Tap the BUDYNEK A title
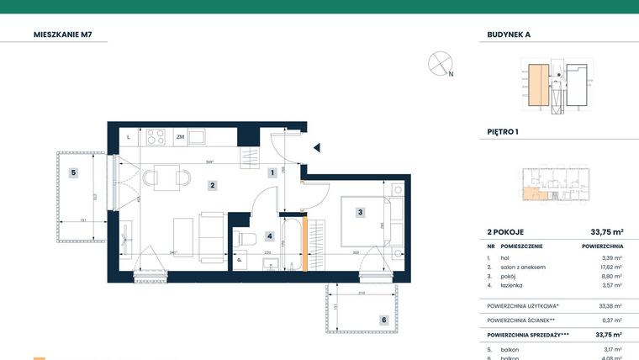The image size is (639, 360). (x=509, y=34)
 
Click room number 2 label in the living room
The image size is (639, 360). (x=214, y=185)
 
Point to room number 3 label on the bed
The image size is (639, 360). (x=360, y=213)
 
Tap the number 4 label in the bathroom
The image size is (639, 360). (x=270, y=236)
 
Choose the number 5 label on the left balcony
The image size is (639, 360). (x=74, y=172)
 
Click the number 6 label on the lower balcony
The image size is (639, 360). (x=383, y=320)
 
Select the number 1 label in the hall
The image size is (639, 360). (x=272, y=173)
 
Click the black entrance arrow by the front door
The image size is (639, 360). (x=316, y=148)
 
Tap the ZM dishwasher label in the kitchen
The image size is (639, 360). (x=180, y=136)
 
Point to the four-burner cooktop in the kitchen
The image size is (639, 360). (x=156, y=136)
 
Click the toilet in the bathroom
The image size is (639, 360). (x=246, y=240)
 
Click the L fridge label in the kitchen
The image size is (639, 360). (x=128, y=136)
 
